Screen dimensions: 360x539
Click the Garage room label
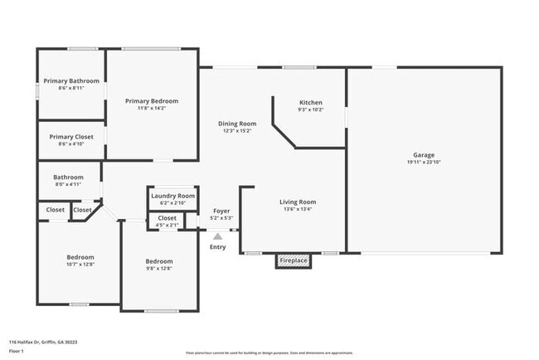pyautogui.click(x=424, y=155)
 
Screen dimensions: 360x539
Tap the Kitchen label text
pyautogui.click(x=310, y=102)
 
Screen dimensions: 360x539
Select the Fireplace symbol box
pyautogui.click(x=293, y=260)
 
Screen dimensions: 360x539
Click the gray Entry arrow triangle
pyautogui.click(x=217, y=236)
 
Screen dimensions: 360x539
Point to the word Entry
pyautogui.click(x=217, y=247)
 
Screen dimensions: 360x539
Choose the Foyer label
pyautogui.click(x=221, y=212)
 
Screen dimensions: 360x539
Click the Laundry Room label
pyautogui.click(x=172, y=196)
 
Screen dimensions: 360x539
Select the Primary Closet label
pyautogui.click(x=71, y=137)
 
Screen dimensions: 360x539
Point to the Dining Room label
pyautogui.click(x=236, y=124)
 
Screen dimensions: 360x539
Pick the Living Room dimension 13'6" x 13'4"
pyautogui.click(x=296, y=209)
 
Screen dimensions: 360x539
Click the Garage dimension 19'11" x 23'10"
pyautogui.click(x=424, y=163)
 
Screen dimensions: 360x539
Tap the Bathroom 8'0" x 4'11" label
pyautogui.click(x=69, y=180)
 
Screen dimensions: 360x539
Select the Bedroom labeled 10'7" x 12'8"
pyautogui.click(x=80, y=260)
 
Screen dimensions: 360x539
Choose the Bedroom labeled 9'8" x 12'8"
pyautogui.click(x=159, y=265)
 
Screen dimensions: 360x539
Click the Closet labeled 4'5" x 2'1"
pyautogui.click(x=167, y=221)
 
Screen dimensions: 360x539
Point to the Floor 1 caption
pyautogui.click(x=17, y=351)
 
